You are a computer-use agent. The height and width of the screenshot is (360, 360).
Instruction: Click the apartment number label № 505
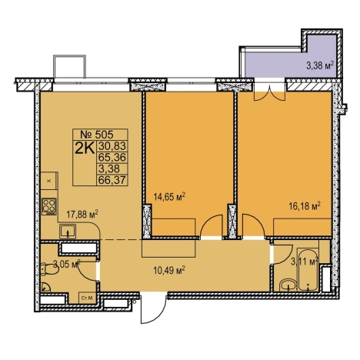(x=97, y=134)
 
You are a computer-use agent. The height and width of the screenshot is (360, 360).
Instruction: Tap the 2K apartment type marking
(x=85, y=148)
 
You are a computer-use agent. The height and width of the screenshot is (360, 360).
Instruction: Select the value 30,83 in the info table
(x=112, y=146)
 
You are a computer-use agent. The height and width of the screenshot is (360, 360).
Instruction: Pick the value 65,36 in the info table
(x=112, y=157)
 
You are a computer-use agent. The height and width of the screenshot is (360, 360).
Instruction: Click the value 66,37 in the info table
(x=112, y=180)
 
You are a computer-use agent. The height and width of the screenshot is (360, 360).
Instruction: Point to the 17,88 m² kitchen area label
(x=82, y=214)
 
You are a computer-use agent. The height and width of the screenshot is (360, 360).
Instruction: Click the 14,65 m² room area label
(x=169, y=197)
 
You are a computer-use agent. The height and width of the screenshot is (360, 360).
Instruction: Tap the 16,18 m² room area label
(x=305, y=205)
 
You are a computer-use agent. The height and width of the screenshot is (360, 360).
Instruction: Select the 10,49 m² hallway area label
(x=169, y=270)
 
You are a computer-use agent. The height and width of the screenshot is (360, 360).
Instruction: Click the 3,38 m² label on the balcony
(x=320, y=65)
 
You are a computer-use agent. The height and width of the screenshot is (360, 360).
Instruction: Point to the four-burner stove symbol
(x=49, y=206)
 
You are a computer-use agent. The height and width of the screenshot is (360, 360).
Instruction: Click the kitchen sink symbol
(x=68, y=231)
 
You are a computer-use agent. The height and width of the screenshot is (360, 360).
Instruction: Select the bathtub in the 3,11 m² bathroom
(x=308, y=269)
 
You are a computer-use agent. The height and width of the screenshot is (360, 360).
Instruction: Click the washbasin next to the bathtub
(x=288, y=285)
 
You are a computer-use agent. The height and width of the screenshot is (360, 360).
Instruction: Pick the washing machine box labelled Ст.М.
(x=87, y=298)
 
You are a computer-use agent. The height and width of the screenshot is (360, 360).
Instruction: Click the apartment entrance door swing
(x=153, y=309)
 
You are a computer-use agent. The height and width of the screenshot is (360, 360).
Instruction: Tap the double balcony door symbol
(x=269, y=95)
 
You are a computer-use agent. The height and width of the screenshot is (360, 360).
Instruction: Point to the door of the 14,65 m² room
(x=211, y=225)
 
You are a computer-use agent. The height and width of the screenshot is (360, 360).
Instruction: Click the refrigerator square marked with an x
(x=49, y=181)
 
